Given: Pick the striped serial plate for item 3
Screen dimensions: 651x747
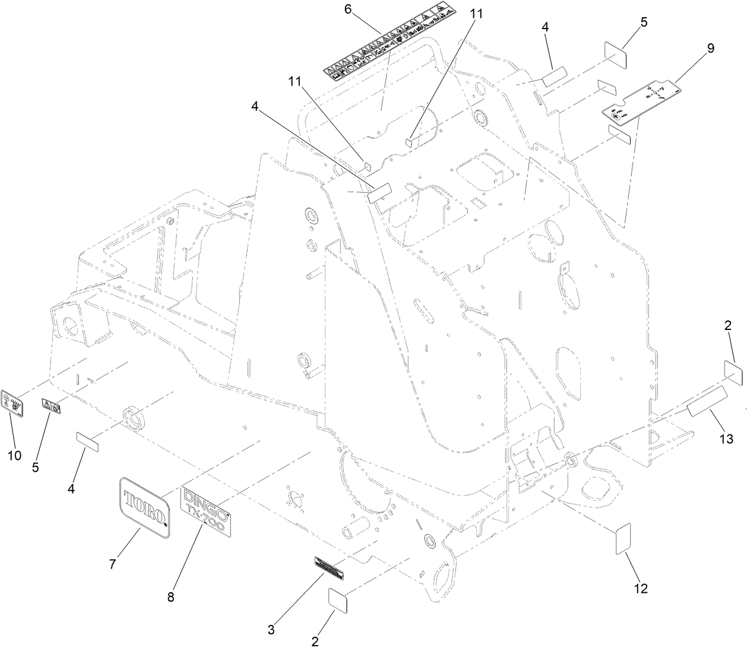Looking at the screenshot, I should point(329,569).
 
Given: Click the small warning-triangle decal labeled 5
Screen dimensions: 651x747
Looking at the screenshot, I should point(51,407).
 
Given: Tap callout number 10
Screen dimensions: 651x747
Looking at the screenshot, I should point(14,455).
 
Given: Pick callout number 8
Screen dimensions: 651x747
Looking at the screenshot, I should point(170,598).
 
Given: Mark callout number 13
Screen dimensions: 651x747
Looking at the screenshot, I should point(726,439).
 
